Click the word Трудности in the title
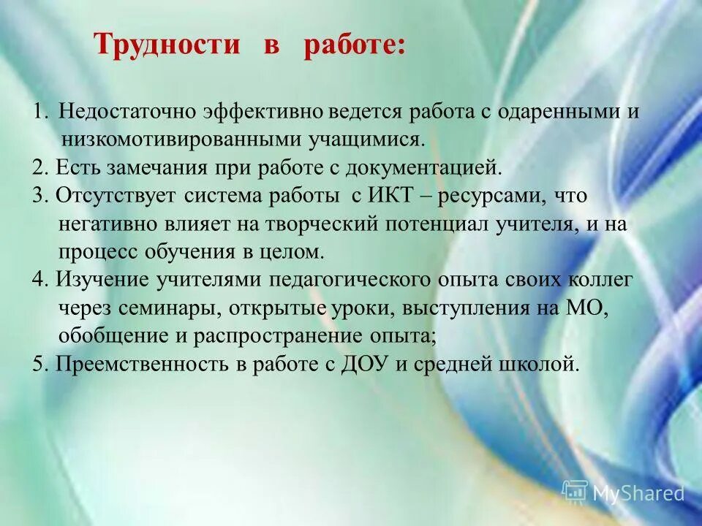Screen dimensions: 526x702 pyautogui.click(x=167, y=45)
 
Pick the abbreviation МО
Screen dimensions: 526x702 pyautogui.click(x=589, y=308)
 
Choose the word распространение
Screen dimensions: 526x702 pyautogui.click(x=270, y=335)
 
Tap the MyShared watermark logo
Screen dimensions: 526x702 pyautogui.click(x=624, y=492)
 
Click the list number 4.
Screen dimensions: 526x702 pyautogui.click(x=38, y=280)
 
